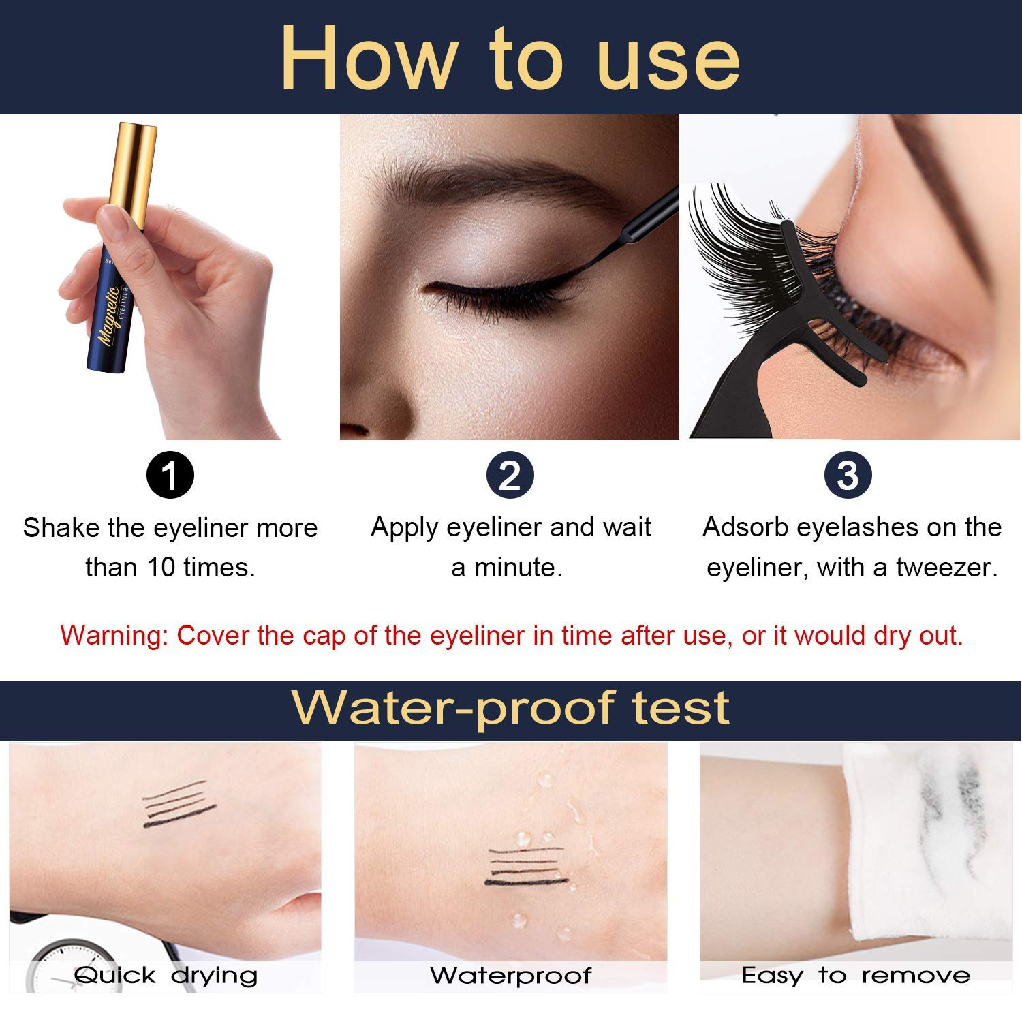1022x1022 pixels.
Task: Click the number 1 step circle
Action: click(x=170, y=475)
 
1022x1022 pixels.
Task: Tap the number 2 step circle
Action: click(x=510, y=475)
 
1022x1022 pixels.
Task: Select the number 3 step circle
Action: click(x=848, y=475)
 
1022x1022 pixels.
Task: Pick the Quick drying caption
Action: click(x=166, y=976)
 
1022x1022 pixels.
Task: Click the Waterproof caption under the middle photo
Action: click(x=510, y=976)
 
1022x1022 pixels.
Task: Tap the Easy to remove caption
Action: click(x=856, y=976)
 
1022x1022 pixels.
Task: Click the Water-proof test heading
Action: click(x=510, y=709)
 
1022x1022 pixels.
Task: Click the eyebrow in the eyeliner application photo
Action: click(x=477, y=179)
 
